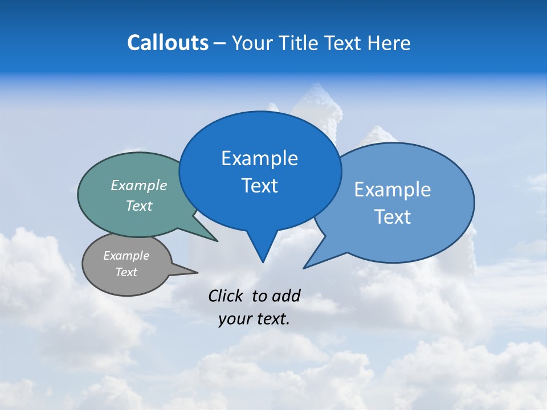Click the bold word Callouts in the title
coord(168,43)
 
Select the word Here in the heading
coord(389,43)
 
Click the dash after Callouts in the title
coord(220,43)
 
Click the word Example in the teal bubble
coord(139,186)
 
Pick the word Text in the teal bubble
coord(139,206)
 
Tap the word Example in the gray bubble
coord(126,256)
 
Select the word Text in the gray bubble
coord(126,272)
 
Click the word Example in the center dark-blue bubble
coord(259,158)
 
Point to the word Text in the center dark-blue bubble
coord(259,186)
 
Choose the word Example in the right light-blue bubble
coord(393,190)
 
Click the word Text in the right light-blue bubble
coord(393,217)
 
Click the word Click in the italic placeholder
coord(226,296)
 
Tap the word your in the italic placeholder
coord(234,319)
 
